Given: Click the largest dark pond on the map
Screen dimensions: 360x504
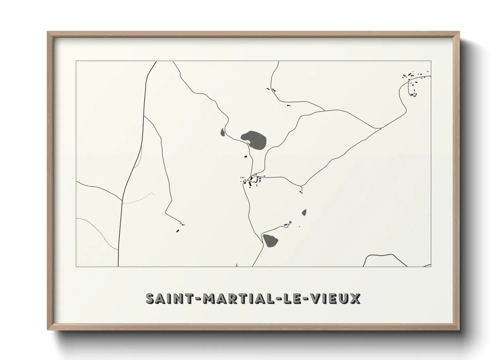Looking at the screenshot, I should coord(254,140).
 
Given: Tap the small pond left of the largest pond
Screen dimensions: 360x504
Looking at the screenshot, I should coord(222,132).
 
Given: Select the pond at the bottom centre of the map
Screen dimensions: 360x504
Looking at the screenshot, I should coord(270,241).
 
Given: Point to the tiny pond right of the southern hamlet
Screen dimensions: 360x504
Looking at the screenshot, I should coord(304,213).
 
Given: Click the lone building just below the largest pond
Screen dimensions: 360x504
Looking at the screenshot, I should coord(245,157).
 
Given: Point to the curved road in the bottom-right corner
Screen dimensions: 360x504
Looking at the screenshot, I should coord(385,256).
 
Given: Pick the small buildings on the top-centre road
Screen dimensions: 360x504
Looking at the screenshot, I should coord(273,90).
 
